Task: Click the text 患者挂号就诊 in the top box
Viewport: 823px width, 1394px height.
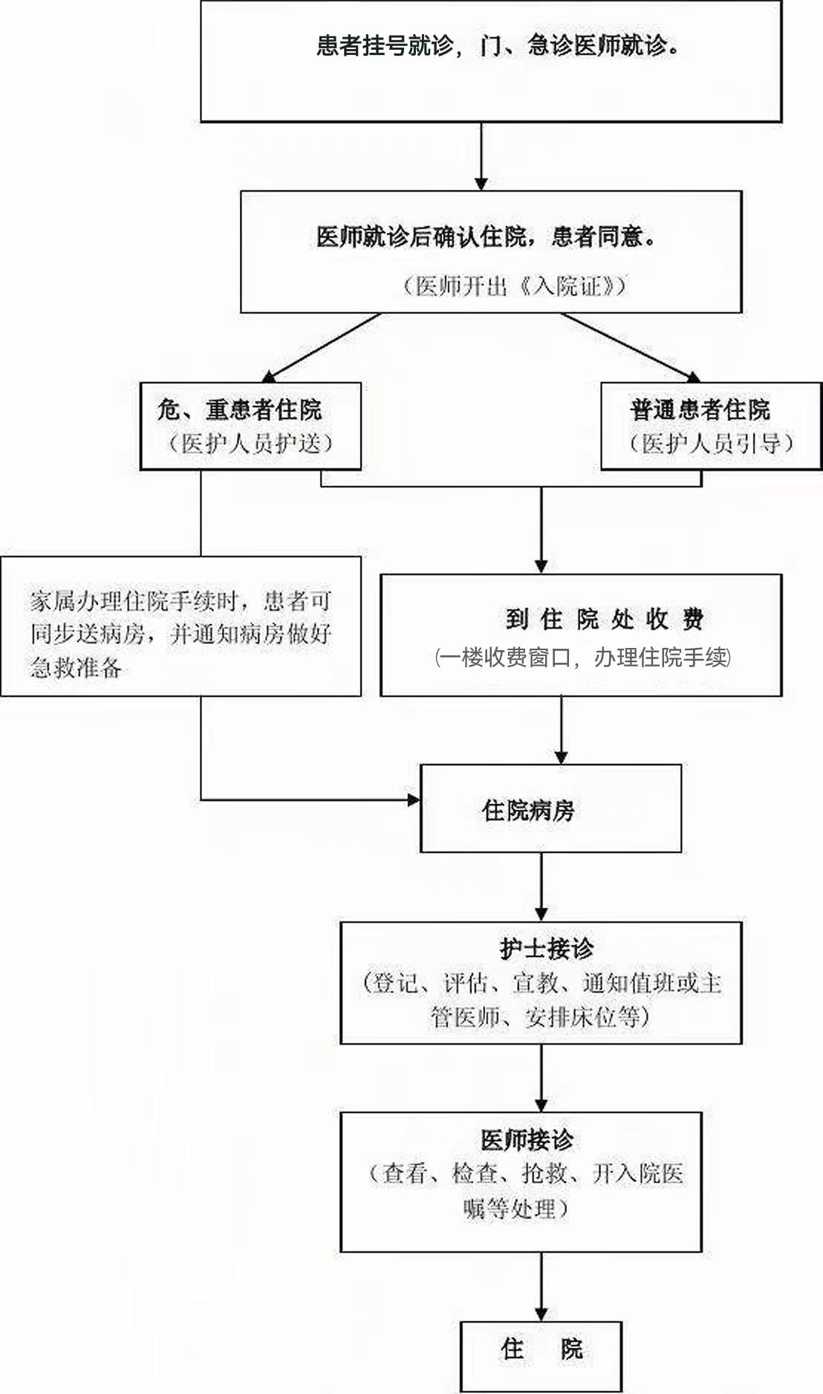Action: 385,46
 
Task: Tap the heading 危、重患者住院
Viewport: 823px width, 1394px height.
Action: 239,409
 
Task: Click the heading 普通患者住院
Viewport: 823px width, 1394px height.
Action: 700,409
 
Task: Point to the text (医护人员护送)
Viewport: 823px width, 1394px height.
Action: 250,444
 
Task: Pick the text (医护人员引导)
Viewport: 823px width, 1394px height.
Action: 712,444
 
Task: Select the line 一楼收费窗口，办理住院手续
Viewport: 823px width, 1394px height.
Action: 583,658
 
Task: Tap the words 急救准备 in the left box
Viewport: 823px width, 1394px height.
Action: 76,667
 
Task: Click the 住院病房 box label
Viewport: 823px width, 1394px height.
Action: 528,810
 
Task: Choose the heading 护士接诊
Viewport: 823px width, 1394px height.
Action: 547,949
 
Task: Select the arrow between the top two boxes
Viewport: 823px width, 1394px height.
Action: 481,156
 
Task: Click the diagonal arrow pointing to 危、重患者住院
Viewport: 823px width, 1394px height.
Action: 321,348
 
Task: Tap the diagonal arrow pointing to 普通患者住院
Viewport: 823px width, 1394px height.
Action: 631,348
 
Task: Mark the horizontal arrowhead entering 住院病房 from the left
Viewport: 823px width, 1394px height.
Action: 413,800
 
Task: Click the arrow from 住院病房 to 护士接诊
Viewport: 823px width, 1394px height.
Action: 541,887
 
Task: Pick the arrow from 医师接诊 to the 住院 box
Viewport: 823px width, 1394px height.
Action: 541,1287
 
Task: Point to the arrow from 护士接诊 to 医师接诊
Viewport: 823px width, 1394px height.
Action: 541,1078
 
